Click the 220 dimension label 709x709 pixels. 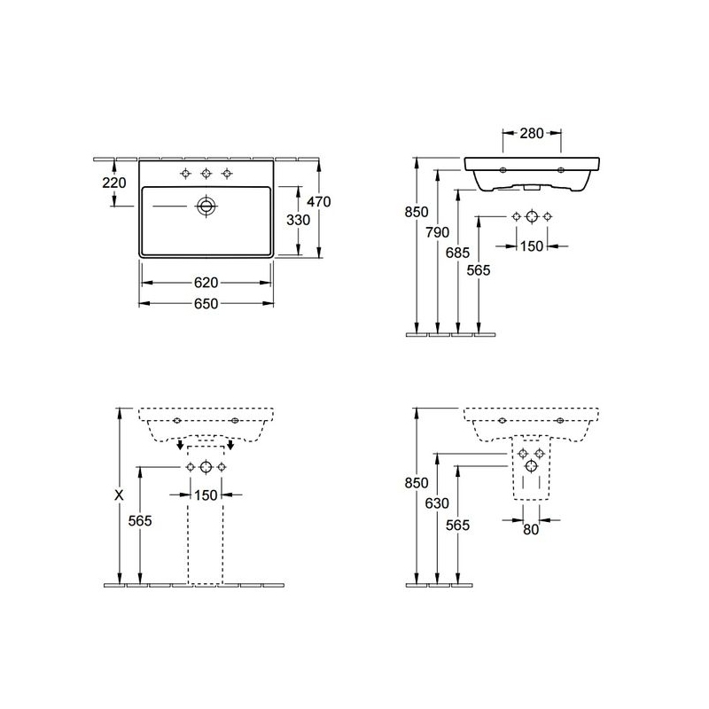114,183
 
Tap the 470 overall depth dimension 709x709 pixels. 319,201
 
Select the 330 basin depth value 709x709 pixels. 299,220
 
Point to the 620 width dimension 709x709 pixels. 206,283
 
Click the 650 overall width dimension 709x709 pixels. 206,303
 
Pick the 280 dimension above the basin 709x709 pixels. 532,134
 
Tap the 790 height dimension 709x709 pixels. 437,232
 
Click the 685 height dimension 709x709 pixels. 457,253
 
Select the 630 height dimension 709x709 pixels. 437,503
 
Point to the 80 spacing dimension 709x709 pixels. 531,529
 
